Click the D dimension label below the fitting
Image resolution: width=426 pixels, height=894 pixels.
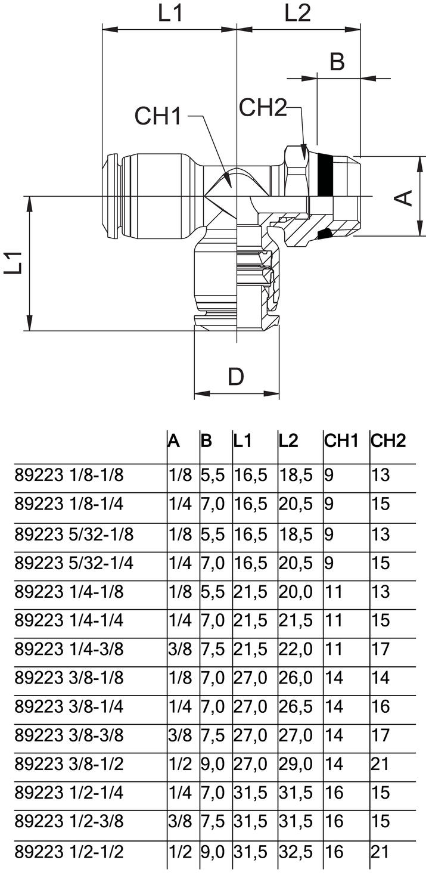[236, 377]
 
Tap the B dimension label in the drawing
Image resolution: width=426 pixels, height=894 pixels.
[337, 61]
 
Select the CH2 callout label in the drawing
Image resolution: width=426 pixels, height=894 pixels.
[263, 108]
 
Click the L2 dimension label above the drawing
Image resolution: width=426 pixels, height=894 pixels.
[297, 13]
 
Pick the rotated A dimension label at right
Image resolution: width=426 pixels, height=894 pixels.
[405, 197]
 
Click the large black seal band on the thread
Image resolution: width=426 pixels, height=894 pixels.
[325, 176]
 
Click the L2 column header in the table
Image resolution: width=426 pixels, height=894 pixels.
[288, 441]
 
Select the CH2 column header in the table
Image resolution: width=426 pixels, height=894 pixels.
[388, 441]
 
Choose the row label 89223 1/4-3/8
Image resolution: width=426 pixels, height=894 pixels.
[69, 648]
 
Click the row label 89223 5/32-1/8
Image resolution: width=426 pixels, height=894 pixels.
[74, 535]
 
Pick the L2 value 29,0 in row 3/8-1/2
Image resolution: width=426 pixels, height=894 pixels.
[296, 764]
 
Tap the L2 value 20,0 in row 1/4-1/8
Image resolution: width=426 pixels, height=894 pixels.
[296, 592]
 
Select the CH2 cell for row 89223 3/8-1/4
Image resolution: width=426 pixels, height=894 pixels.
[380, 706]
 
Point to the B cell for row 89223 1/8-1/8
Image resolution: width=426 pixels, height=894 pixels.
[213, 476]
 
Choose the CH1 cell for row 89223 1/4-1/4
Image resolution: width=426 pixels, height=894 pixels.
[334, 620]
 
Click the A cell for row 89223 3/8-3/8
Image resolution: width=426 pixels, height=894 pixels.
[179, 735]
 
